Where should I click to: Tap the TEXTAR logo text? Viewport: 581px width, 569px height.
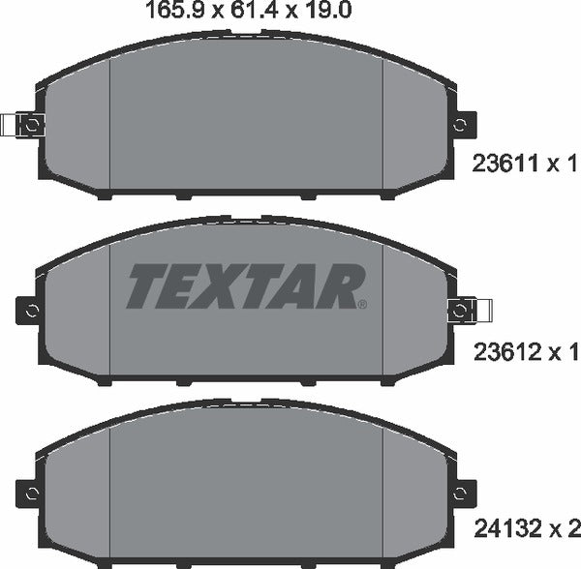(x=245, y=286)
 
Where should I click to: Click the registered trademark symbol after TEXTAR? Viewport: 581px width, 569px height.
(x=362, y=304)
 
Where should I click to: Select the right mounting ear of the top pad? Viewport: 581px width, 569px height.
(x=464, y=125)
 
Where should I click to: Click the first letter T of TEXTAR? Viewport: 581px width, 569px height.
(x=145, y=286)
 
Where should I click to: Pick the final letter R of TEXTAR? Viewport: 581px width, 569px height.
(x=343, y=286)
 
